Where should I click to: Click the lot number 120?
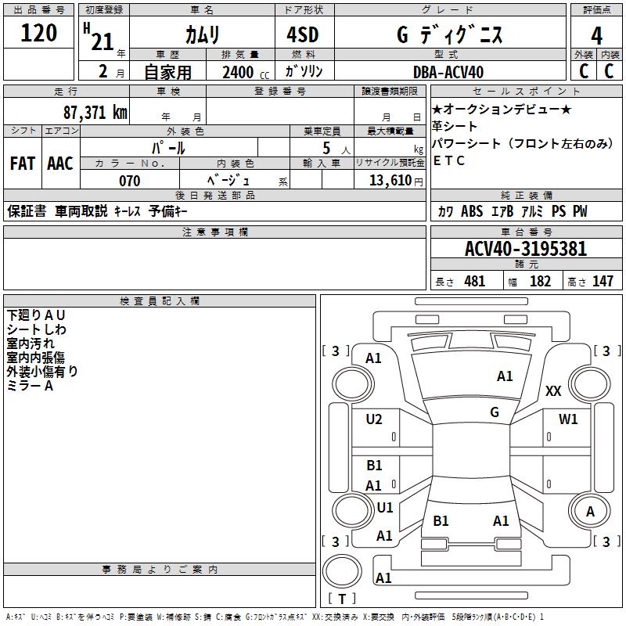coord(39,34)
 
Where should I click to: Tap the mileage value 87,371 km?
coord(95,112)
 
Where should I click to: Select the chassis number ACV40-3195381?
coord(526,249)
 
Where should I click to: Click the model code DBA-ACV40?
coord(448,72)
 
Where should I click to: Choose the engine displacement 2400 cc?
coord(239,72)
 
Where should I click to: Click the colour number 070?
coord(130,181)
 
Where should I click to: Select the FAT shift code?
coord(23,164)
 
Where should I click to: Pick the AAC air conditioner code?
coord(60,164)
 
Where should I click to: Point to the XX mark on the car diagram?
coord(553,391)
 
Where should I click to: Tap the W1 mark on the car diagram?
coord(568,419)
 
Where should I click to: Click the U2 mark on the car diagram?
coord(375,419)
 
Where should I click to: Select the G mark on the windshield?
coord(495,412)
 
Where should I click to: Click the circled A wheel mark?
coord(590,511)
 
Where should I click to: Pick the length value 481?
coord(474,282)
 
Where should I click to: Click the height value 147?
coord(603,282)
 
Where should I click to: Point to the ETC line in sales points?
coord(449,160)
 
